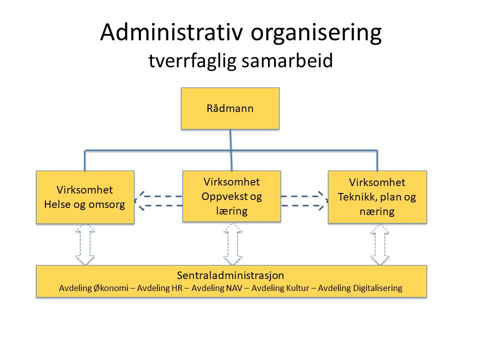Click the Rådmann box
click(230, 108)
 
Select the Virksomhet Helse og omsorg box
click(85, 197)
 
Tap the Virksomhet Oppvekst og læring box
click(231, 196)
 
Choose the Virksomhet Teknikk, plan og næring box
click(377, 197)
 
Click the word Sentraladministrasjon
click(230, 275)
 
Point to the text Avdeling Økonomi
click(93, 288)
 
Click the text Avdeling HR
click(159, 288)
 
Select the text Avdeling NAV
click(216, 288)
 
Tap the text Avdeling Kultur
click(280, 288)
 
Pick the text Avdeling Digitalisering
click(360, 288)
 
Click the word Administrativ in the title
click(171, 32)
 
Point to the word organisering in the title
click(316, 33)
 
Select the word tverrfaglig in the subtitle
click(193, 61)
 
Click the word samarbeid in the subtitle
click(287, 60)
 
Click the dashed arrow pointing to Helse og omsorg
click(158, 201)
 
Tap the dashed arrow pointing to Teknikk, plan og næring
click(304, 201)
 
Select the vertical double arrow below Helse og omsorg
click(85, 244)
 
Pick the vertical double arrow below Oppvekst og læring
click(232, 243)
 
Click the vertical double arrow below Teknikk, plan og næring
click(380, 244)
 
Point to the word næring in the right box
click(377, 211)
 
